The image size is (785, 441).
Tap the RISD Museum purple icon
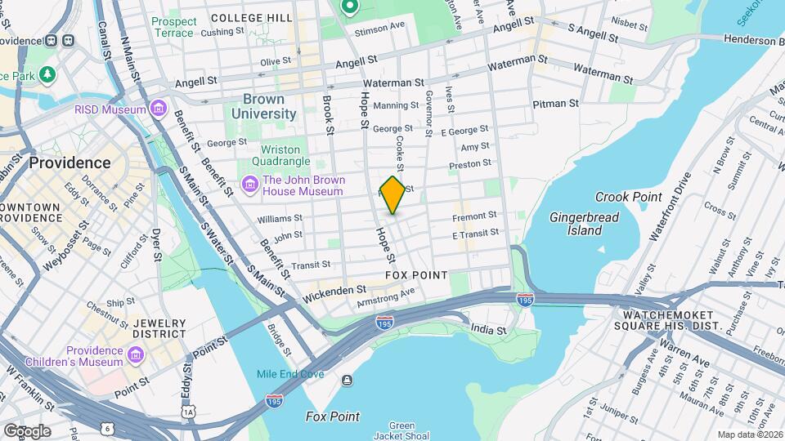pyautogui.click(x=159, y=109)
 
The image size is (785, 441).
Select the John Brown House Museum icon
pyautogui.click(x=249, y=185)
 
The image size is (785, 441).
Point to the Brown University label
pyautogui.click(x=263, y=106)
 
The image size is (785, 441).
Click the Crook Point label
pyautogui.click(x=628, y=198)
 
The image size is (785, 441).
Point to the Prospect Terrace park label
pyautogui.click(x=174, y=27)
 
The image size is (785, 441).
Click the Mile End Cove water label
pyautogui.click(x=290, y=375)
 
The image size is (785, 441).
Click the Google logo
pyautogui.click(x=27, y=430)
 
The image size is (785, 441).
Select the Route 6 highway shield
pyautogui.click(x=108, y=427)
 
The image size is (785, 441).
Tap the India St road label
pyautogui.click(x=489, y=330)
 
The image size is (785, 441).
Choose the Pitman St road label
pyautogui.click(x=555, y=104)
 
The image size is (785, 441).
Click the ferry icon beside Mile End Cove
pyautogui.click(x=348, y=379)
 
